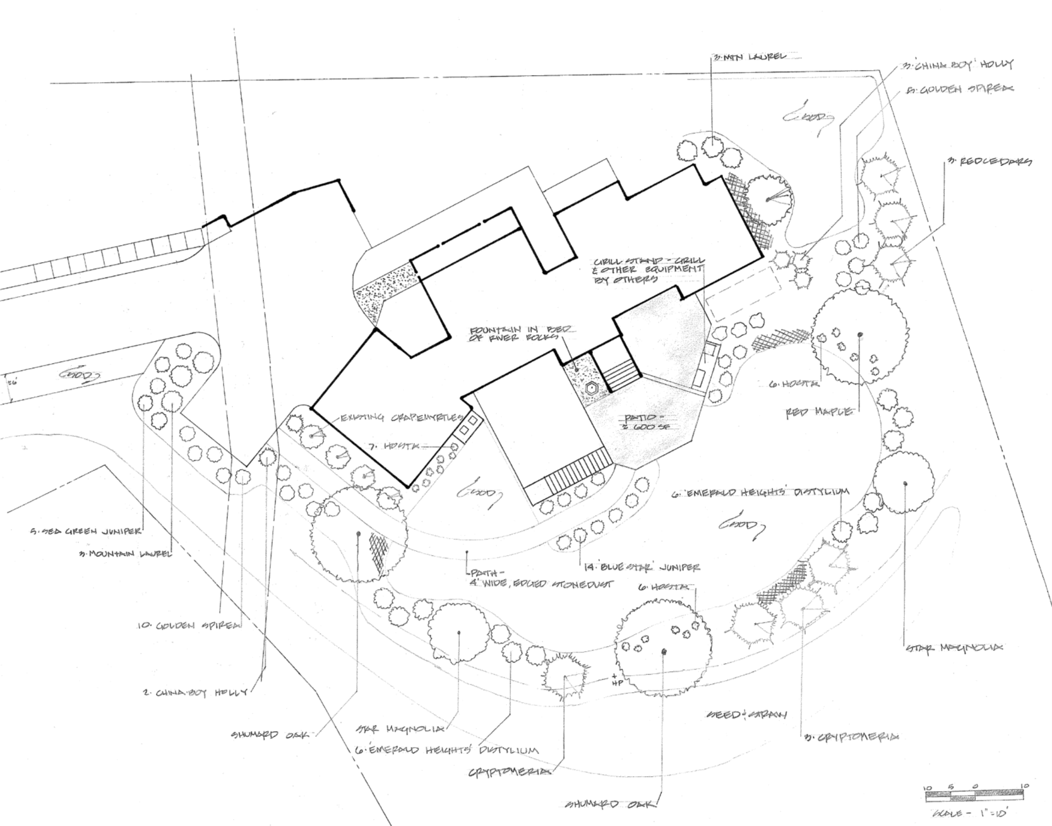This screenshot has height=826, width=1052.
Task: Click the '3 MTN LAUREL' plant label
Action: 749,57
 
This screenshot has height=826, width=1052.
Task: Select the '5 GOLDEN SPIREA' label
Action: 959,90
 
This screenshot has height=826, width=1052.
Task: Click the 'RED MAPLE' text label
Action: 819,412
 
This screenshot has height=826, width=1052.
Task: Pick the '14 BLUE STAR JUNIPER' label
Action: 639,567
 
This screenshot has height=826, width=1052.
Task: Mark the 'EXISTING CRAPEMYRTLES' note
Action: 402,417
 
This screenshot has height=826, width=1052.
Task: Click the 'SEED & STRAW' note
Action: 746,715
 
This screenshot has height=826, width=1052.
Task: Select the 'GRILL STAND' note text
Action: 648,270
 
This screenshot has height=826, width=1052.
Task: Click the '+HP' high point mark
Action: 617,680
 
